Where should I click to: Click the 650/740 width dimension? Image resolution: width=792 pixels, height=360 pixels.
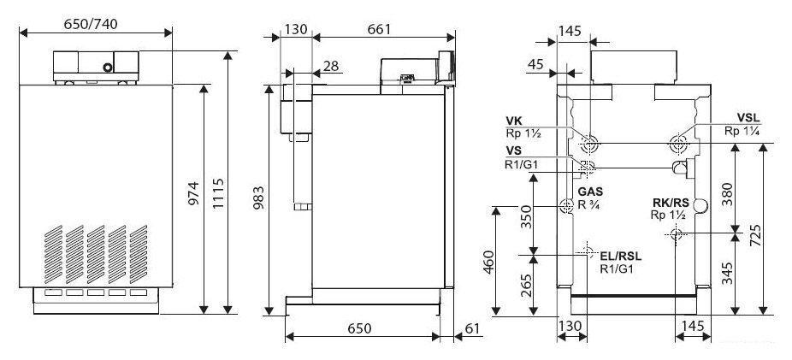91,24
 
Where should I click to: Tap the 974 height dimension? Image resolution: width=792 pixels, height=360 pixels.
194,193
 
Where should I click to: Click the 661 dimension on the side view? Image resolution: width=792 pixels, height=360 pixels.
379,29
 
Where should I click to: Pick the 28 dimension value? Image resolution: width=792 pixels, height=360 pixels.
331,66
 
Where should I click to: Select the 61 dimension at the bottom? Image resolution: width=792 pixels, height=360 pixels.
472,328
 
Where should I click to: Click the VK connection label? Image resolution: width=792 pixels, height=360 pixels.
514,121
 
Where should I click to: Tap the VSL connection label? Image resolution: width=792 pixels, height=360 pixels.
748,119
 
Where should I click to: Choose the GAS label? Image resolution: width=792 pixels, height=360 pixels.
590,192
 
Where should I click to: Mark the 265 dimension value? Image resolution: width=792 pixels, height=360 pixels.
526,286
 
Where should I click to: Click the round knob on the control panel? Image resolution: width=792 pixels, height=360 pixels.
108,67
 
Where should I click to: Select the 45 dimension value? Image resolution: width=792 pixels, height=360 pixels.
535,65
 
